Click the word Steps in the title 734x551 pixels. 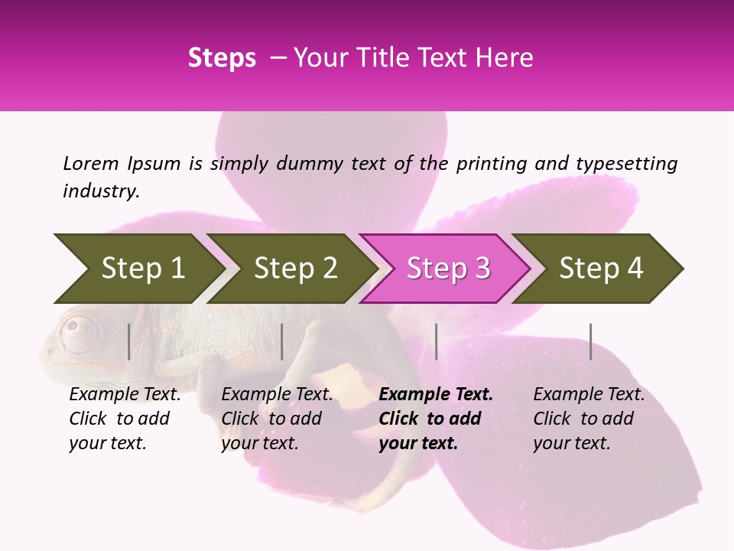point(222,58)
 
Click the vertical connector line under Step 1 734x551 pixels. point(129,341)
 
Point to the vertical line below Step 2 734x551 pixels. point(282,341)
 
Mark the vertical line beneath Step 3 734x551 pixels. point(436,341)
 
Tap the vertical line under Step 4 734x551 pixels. point(590,341)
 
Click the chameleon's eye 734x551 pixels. point(73,326)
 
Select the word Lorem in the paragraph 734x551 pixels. point(91,164)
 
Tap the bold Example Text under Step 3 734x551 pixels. point(436,395)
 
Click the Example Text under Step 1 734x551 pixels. point(125,395)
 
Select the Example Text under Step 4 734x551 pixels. point(589,395)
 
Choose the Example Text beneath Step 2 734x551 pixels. point(277,395)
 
